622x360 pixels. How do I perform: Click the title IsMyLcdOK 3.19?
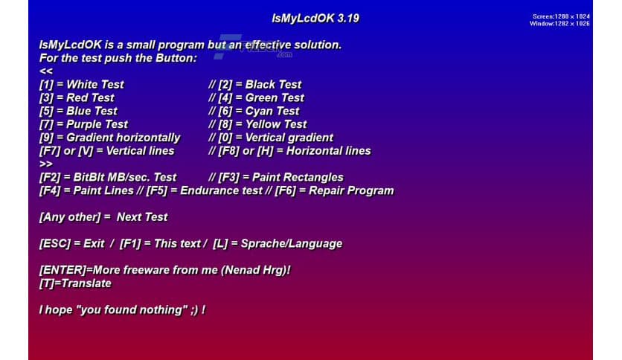pos(315,18)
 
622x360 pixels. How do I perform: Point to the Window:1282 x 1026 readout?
pos(560,24)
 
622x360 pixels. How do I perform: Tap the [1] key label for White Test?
pos(46,84)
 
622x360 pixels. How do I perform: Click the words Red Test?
pos(90,97)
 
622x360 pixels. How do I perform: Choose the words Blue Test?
pos(92,111)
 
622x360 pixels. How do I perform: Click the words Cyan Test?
pos(272,111)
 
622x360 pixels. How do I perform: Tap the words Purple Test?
pos(97,124)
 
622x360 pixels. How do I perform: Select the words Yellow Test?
pos(276,124)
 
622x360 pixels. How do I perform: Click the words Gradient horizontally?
pos(123,138)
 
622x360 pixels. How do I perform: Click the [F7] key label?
pos(50,151)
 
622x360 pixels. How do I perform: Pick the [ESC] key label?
pos(54,243)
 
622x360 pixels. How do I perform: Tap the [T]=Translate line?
pos(75,283)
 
